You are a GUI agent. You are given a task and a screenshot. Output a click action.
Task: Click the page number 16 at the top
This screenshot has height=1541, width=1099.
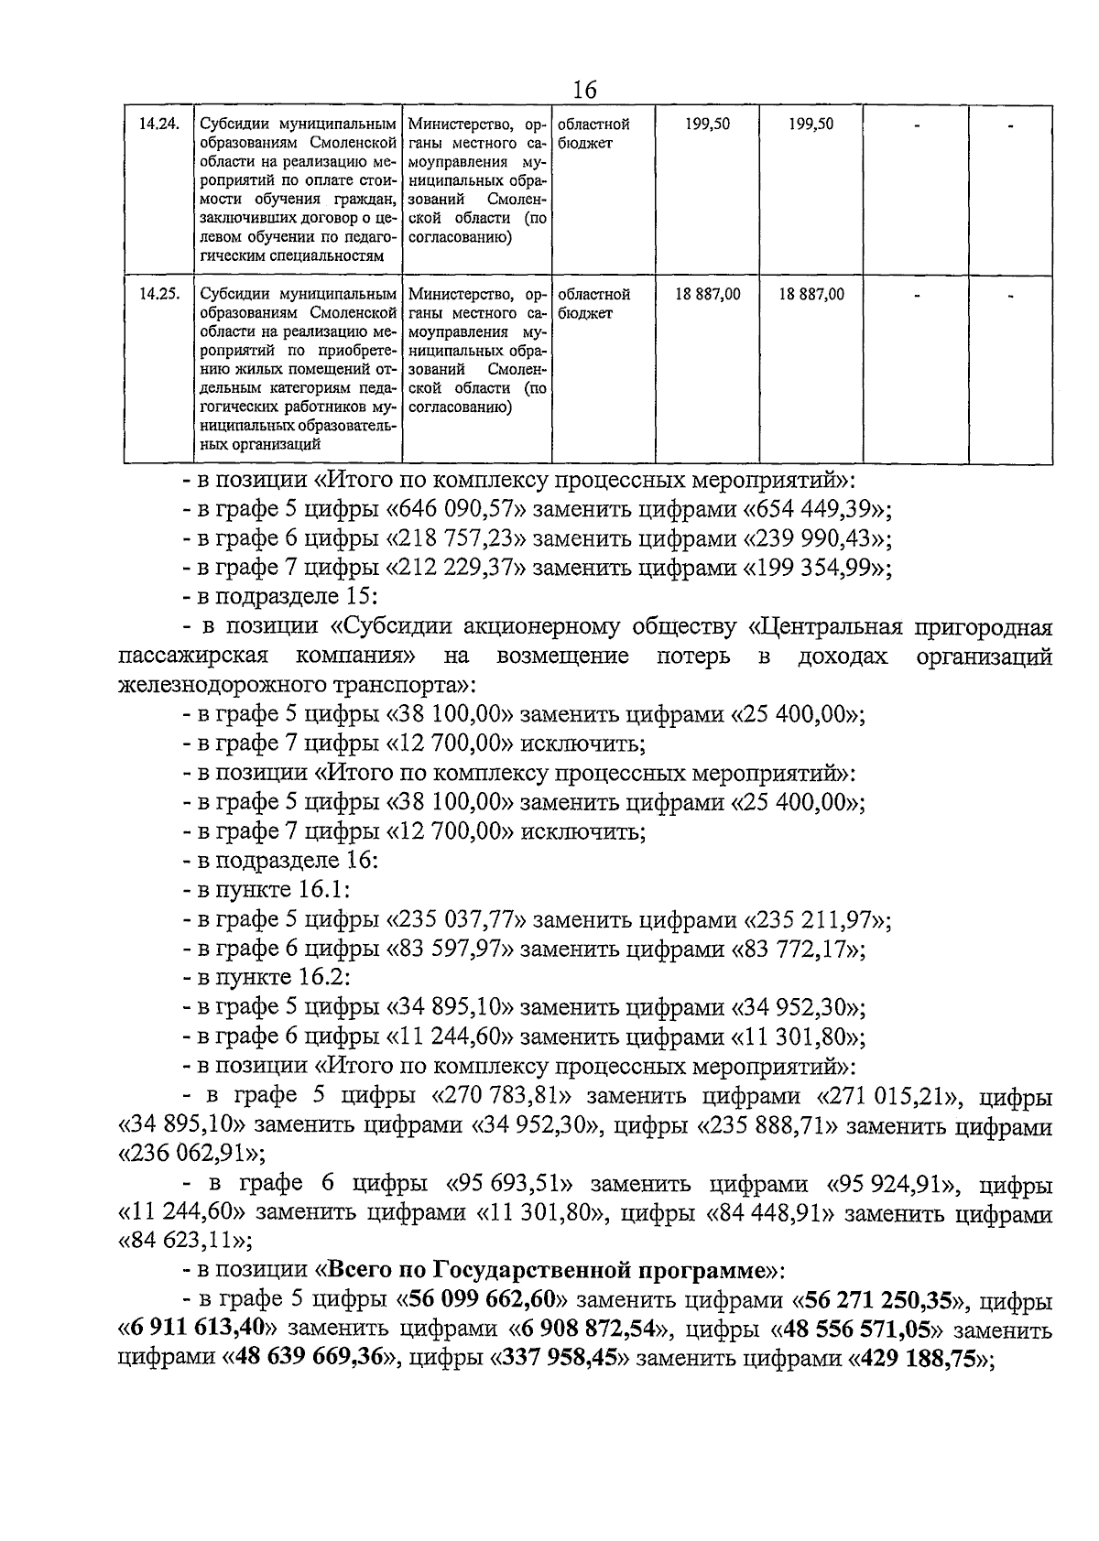[x=583, y=90]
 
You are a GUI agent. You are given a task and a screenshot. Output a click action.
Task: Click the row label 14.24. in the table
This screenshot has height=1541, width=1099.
[x=158, y=125]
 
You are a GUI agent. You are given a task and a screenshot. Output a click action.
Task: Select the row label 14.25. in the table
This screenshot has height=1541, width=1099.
[x=158, y=295]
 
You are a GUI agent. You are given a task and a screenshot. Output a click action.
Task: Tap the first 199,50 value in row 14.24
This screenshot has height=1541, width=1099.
[x=707, y=125]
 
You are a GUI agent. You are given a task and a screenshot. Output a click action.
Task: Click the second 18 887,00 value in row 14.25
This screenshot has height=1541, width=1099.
[x=811, y=295]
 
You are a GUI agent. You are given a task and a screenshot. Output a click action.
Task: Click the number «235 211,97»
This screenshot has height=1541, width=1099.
[x=811, y=919]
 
